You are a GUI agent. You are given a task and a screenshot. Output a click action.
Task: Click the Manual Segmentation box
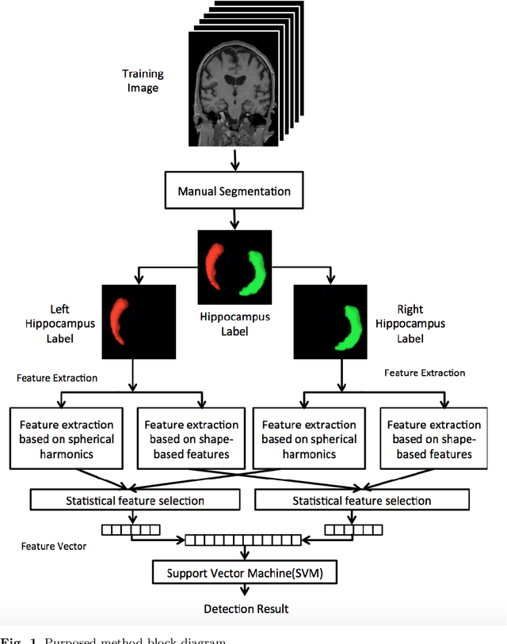(x=234, y=191)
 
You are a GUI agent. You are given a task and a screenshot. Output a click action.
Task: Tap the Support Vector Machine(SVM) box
(x=244, y=572)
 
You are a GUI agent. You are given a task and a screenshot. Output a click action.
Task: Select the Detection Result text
(x=246, y=608)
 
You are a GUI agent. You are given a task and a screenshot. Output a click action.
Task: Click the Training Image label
(x=143, y=81)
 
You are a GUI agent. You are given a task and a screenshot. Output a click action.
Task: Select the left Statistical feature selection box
(x=134, y=500)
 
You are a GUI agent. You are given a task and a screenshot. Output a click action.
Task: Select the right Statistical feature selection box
(x=362, y=500)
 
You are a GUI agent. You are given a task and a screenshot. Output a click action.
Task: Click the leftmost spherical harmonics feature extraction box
(x=67, y=439)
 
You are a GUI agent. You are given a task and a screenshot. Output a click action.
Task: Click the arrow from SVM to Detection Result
(x=245, y=591)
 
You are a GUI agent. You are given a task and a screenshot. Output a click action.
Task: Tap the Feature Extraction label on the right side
(x=425, y=372)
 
